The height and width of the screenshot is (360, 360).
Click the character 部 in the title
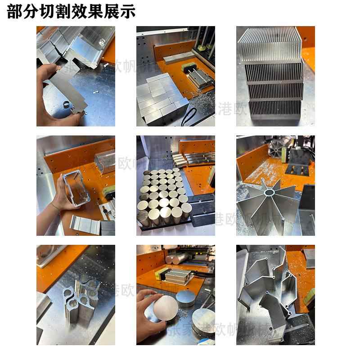pos(14,12)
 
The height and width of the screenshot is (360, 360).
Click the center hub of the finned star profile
pos(270,192)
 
